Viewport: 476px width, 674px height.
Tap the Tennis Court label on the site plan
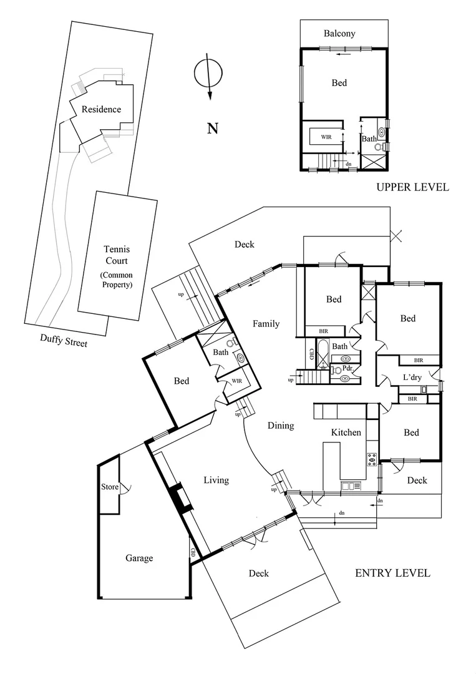pyautogui.click(x=117, y=266)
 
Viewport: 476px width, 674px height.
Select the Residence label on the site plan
pyautogui.click(x=101, y=109)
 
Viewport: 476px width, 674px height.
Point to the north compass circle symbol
pyautogui.click(x=207, y=74)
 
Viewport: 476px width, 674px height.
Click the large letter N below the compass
pyautogui.click(x=213, y=129)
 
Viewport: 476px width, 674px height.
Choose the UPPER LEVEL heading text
pyautogui.click(x=412, y=187)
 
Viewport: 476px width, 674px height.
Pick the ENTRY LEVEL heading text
pyautogui.click(x=392, y=573)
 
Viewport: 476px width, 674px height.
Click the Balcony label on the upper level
pyautogui.click(x=340, y=33)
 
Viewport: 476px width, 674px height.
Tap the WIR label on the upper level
pyautogui.click(x=326, y=136)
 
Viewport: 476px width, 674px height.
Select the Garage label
pyautogui.click(x=138, y=558)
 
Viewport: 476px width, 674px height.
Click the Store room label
pyautogui.click(x=109, y=487)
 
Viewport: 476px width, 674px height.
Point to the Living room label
pyautogui.click(x=216, y=480)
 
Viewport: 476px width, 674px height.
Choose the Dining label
pyautogui.click(x=281, y=426)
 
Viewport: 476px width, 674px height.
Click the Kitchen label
pyautogui.click(x=346, y=432)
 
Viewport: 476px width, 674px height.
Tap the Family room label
pyautogui.click(x=266, y=323)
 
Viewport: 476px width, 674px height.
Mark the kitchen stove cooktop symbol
pyautogui.click(x=372, y=459)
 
